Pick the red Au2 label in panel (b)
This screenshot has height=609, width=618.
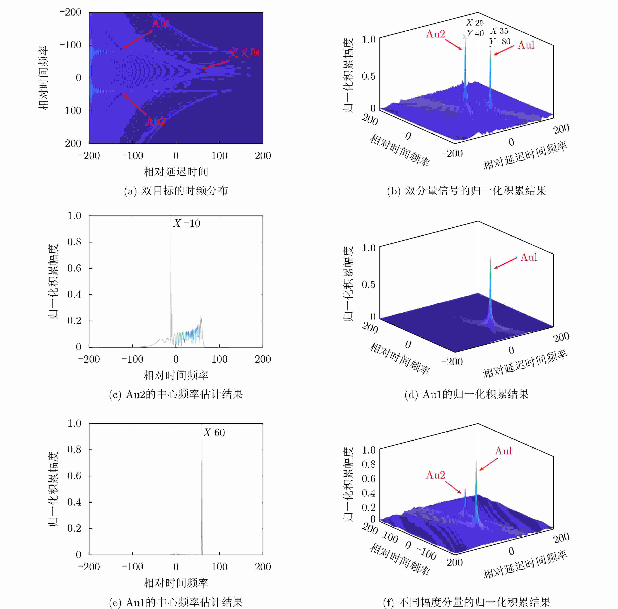point(435,34)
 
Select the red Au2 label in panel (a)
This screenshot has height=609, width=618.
point(155,121)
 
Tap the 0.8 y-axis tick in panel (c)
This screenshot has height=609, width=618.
point(74,242)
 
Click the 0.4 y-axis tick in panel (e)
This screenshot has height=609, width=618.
point(74,502)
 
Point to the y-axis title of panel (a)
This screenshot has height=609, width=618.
point(43,78)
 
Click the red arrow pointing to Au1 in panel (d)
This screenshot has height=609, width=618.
point(505,263)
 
